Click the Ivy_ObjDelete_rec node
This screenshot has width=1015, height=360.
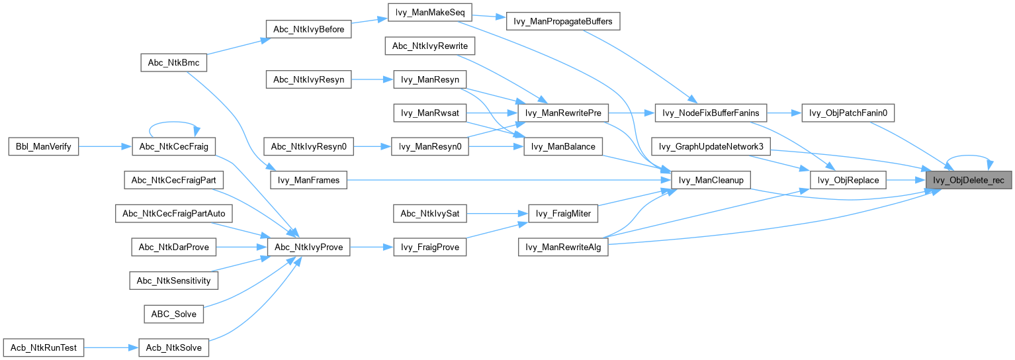(969, 180)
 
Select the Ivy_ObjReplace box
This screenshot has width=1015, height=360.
(848, 180)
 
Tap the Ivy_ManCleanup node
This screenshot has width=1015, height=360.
(710, 180)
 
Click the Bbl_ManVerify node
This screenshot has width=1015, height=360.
(43, 146)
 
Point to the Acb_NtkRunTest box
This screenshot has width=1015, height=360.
(44, 347)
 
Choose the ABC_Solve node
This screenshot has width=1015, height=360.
(174, 314)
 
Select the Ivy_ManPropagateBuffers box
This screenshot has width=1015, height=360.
(563, 21)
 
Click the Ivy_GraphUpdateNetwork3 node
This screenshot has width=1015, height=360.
(711, 146)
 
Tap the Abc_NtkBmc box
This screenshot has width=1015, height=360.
(174, 62)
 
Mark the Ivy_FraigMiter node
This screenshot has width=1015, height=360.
(564, 214)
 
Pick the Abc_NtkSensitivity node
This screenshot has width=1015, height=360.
(174, 281)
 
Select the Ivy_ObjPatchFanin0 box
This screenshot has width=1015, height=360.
(848, 113)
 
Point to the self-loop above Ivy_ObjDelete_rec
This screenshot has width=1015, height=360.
(970, 157)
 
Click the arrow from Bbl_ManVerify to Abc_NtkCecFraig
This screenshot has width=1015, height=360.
(106, 146)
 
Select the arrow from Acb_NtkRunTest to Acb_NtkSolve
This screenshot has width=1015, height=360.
(111, 347)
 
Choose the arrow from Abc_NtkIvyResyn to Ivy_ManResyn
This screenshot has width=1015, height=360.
(372, 80)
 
